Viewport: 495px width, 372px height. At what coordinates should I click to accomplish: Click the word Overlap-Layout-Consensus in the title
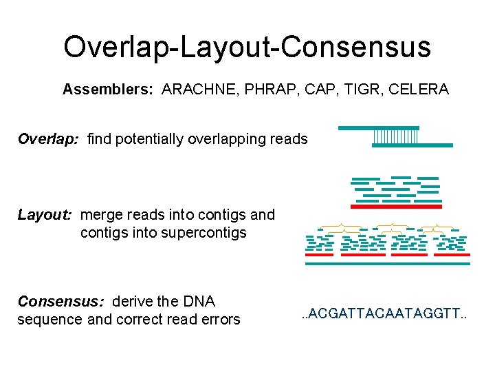pos(247,47)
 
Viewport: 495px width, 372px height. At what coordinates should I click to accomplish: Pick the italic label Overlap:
pos(48,139)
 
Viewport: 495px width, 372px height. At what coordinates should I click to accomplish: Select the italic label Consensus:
pos(60,302)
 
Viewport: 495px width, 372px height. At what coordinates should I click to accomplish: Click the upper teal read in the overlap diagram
pos(379,128)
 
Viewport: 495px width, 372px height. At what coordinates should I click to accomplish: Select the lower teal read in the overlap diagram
pos(412,145)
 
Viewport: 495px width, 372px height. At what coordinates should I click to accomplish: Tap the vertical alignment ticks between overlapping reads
pos(395,137)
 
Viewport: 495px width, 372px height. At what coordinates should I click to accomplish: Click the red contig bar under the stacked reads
pos(396,206)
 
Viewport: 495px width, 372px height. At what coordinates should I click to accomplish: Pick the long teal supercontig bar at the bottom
pos(388,263)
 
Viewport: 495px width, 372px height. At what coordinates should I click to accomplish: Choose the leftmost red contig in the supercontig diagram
pos(320,255)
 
